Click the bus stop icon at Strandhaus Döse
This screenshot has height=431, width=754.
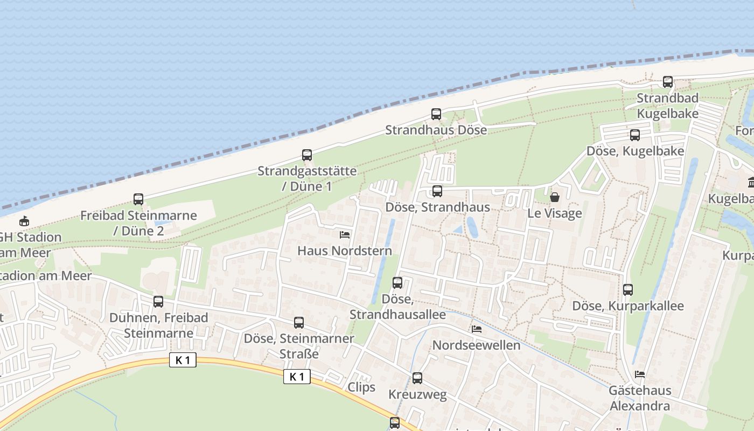436,114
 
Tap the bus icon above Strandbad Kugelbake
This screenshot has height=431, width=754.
668,82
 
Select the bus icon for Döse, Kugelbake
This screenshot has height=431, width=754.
635,135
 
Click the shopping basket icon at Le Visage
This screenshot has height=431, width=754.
555,197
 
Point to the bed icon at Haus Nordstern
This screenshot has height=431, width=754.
345,235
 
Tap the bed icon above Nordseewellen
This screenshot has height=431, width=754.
477,329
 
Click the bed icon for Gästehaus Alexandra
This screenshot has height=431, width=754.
640,374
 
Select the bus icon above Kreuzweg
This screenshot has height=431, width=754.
417,378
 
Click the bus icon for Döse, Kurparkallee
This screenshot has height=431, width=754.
628,290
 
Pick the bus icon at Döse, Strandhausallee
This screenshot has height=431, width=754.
397,283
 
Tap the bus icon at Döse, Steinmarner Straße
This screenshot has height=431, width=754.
299,323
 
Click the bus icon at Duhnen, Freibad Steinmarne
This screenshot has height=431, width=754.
158,302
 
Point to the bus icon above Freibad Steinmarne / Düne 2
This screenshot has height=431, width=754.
138,199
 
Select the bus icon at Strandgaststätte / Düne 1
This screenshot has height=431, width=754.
307,155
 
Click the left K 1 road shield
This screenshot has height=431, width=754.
183,360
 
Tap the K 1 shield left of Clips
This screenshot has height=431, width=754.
297,377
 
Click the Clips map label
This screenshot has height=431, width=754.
361,387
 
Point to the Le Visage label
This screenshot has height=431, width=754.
555,213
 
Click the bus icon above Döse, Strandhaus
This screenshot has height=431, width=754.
437,191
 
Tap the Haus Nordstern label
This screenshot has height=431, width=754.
345,251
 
